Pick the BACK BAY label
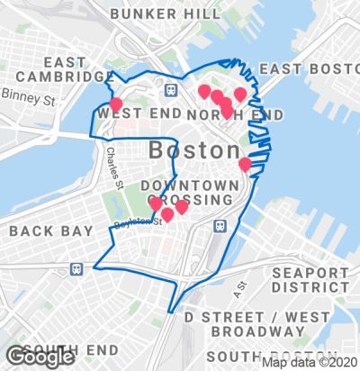click(50, 231)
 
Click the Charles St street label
click(112, 168)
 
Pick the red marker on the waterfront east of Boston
click(245, 164)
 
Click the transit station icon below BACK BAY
click(76, 267)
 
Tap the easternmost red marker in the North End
click(240, 94)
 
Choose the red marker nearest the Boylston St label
click(167, 213)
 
